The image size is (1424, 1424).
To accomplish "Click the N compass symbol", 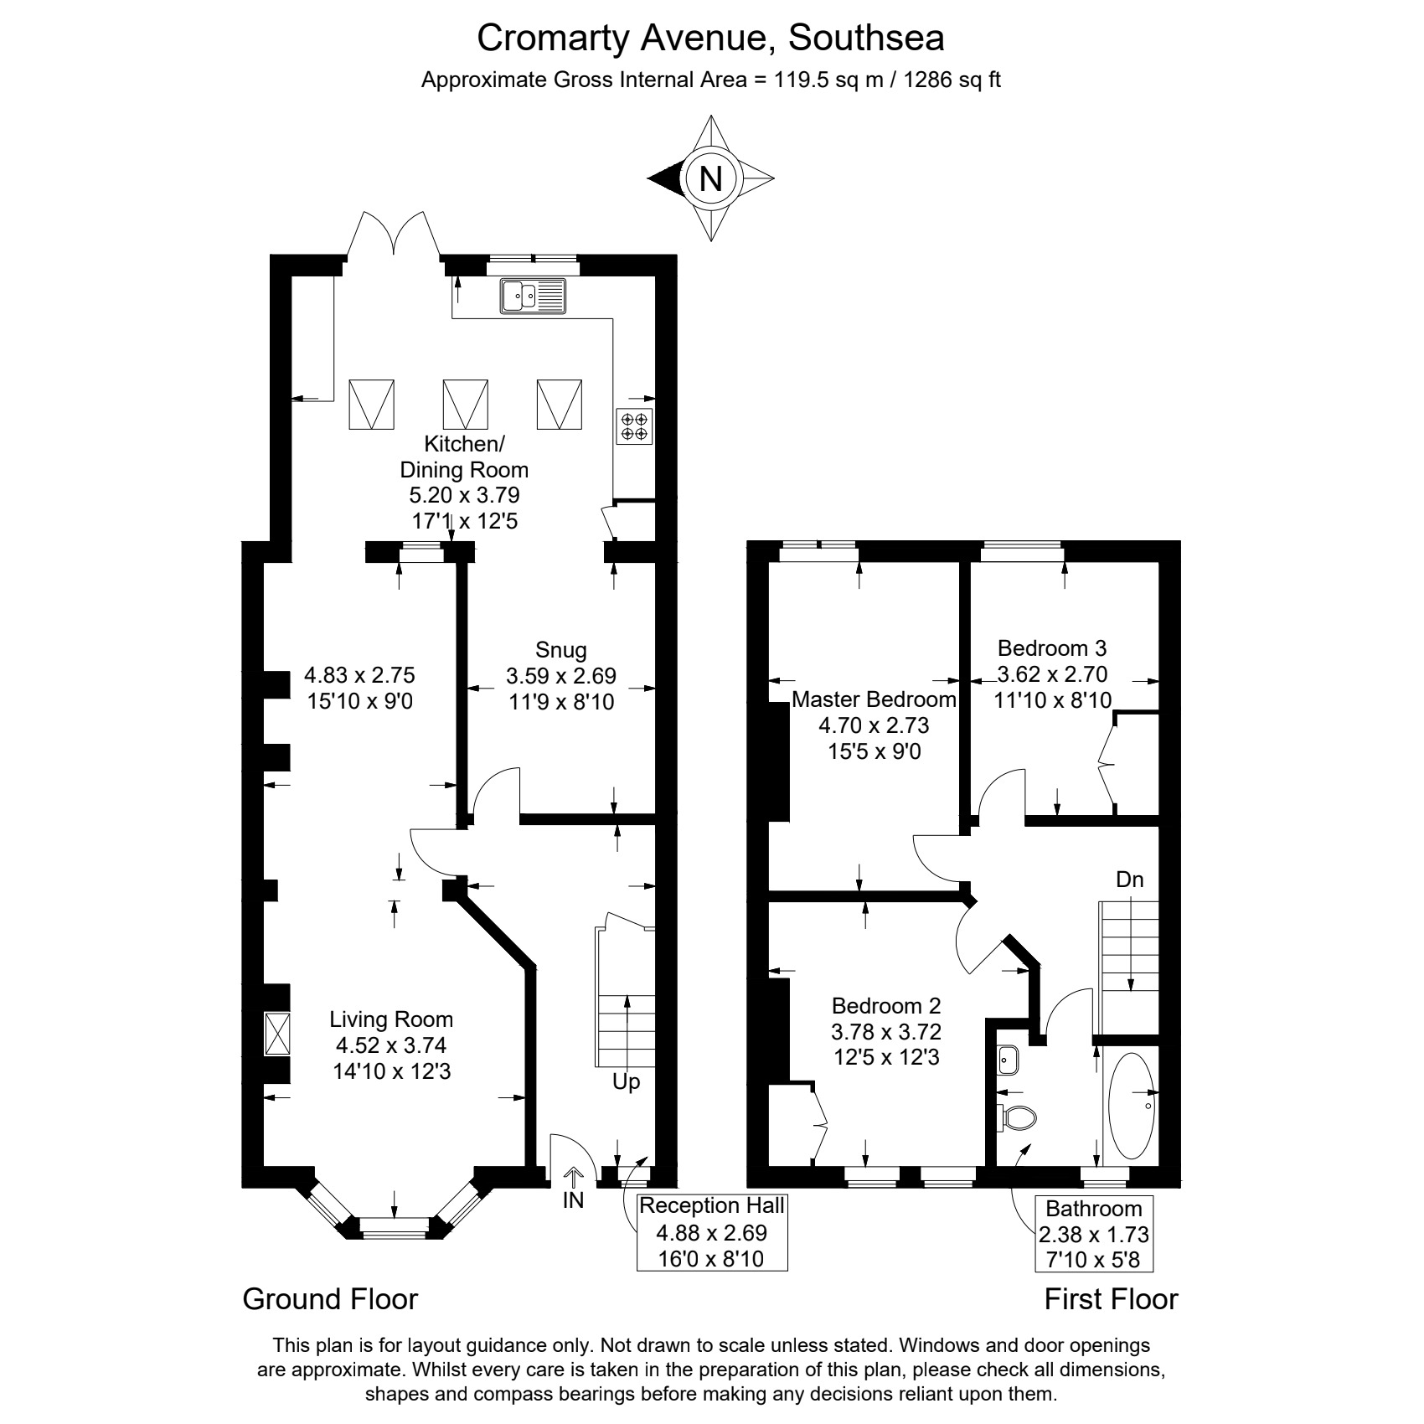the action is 710,178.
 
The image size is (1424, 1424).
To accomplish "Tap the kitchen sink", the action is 534,296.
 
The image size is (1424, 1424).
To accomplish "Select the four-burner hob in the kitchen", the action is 634,426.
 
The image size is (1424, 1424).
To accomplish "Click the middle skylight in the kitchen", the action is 465,405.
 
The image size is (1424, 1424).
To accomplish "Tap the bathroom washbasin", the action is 1008,1060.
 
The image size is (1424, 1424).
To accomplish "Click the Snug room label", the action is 560,649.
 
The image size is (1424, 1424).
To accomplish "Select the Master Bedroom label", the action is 874,699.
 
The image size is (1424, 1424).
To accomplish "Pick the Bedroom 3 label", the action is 1052,648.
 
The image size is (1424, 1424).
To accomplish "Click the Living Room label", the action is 391,1019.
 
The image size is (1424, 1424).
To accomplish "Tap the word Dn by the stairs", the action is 1130,880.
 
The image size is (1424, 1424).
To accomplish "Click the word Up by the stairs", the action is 626,1082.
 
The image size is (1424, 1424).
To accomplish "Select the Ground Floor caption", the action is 330,1299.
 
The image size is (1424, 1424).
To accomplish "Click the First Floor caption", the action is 1111,1299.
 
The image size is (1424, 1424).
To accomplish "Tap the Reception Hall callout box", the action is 712,1232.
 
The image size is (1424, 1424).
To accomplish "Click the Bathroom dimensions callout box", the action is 1094,1234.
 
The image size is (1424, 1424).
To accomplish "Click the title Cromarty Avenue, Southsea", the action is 710,38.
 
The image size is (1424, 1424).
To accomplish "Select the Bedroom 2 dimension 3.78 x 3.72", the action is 886,1031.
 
